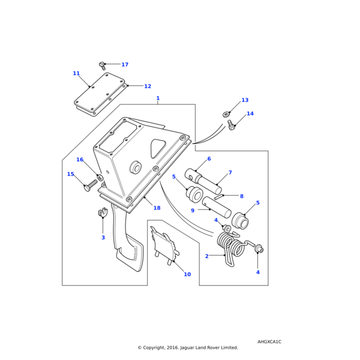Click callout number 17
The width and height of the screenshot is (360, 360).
(x=125, y=65)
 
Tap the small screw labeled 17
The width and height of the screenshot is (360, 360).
(x=103, y=65)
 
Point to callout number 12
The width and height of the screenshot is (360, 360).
(x=148, y=86)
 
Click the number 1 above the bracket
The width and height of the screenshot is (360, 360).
(x=158, y=98)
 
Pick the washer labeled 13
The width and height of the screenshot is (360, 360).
(x=226, y=114)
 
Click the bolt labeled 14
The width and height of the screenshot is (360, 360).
(x=232, y=125)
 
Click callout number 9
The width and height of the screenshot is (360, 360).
(x=193, y=211)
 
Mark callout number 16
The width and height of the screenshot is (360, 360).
(x=80, y=160)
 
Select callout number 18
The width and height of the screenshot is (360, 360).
(x=157, y=208)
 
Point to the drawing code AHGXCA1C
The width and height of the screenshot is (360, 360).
(x=269, y=341)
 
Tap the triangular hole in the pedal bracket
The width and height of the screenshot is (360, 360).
(x=158, y=148)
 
